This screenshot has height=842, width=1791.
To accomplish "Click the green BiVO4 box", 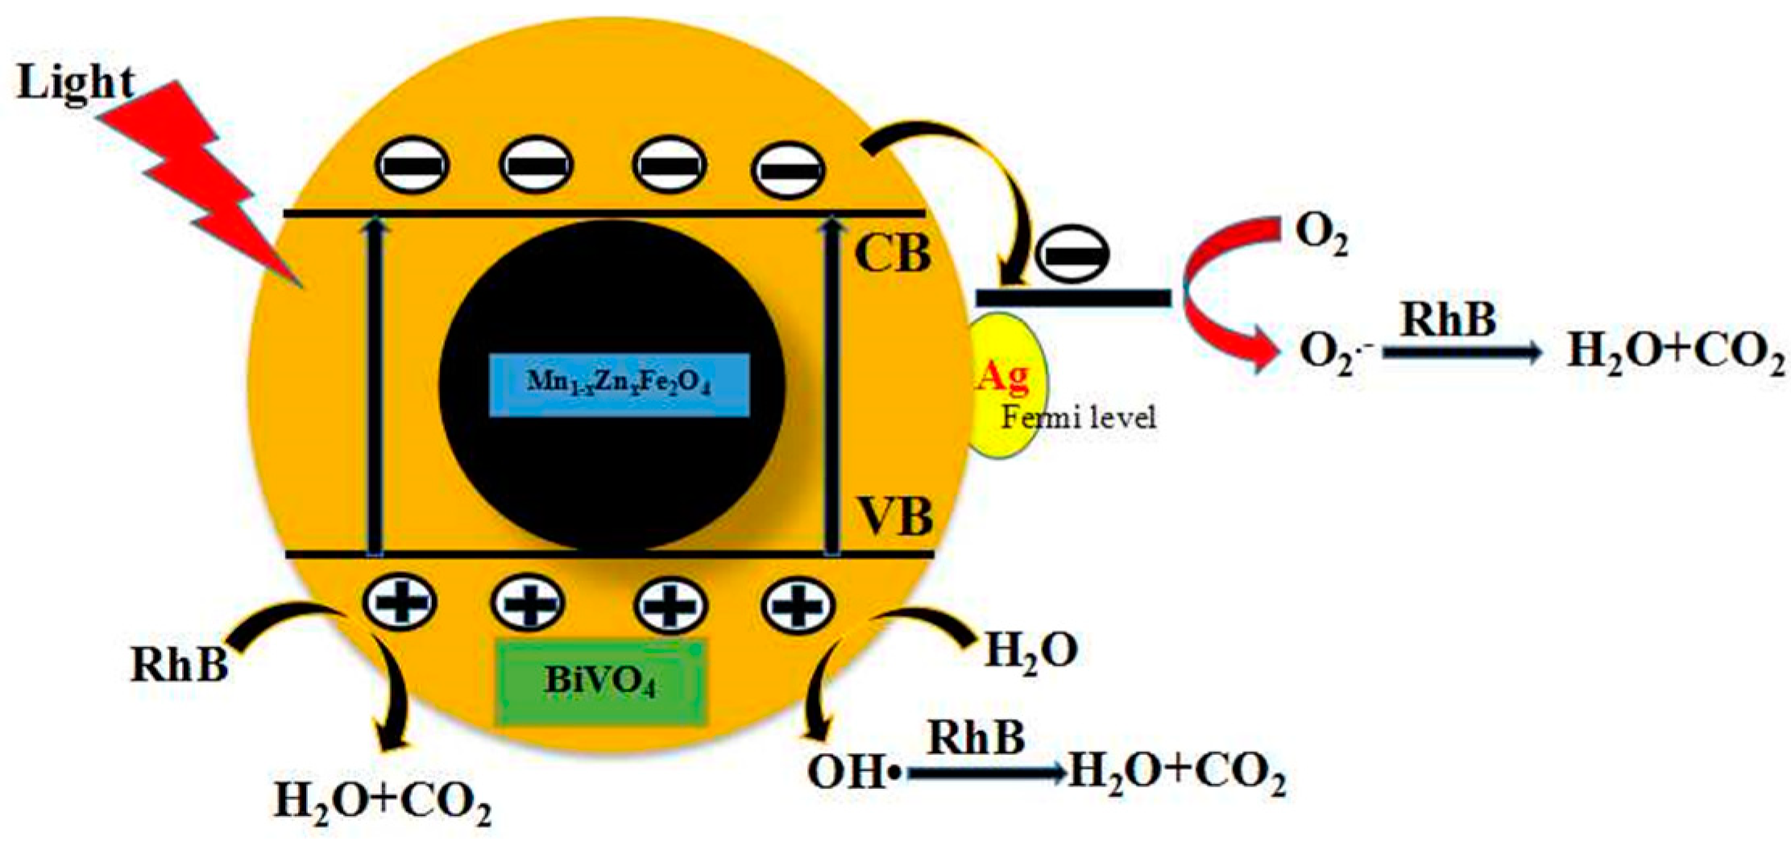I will pos(601,681).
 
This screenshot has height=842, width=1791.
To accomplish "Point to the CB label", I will pos(893,254).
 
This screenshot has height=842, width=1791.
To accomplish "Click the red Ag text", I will pos(1003,376).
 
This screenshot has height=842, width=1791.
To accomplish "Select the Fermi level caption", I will pos(1078,417).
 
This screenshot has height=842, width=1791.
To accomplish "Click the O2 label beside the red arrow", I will pos(1321,236).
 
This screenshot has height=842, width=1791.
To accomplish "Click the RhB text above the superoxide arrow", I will pos(1448,319).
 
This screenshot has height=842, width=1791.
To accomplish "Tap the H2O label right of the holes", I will pos(1031,651).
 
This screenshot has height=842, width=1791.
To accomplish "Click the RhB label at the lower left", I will pos(179,666).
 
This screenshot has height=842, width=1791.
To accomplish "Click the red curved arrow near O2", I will pos(1217,298).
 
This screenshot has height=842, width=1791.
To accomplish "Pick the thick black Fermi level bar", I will pos(1073,298).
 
